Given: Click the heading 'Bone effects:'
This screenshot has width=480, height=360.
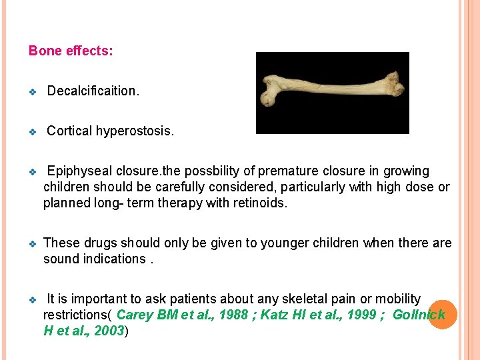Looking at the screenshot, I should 71,51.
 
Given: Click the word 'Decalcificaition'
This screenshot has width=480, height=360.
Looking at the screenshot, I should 92,91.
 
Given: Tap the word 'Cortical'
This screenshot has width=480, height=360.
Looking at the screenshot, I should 69,131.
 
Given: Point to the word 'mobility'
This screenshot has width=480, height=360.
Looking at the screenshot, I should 398,299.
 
